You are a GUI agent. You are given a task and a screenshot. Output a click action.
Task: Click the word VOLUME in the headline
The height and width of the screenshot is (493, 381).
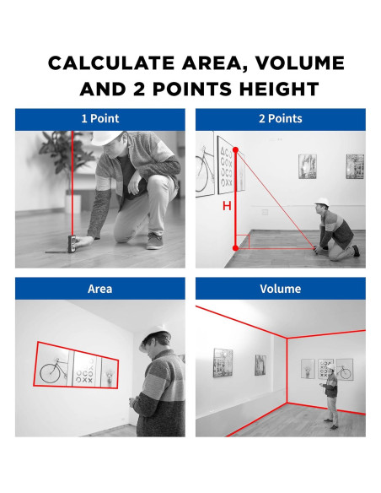(300, 62)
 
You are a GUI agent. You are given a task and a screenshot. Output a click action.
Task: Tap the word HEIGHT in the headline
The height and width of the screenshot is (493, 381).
(279, 89)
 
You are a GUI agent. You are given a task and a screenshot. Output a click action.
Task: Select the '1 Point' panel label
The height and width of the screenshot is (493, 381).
(100, 118)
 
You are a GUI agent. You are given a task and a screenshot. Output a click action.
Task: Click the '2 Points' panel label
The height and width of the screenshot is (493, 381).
(280, 118)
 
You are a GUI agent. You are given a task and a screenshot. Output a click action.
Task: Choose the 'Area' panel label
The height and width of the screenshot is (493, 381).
(99, 289)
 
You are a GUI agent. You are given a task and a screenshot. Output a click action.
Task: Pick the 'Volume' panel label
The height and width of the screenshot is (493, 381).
(280, 289)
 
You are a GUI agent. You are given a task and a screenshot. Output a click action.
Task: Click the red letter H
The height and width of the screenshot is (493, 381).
(227, 206)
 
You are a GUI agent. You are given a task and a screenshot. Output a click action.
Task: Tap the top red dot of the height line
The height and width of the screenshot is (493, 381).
(236, 150)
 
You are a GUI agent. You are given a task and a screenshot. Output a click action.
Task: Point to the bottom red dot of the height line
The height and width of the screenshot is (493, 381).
(236, 248)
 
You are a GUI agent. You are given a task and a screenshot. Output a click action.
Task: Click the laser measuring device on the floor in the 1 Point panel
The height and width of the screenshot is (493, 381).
(72, 244)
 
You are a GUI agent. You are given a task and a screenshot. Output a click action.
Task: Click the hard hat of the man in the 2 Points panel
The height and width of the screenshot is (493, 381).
(322, 202)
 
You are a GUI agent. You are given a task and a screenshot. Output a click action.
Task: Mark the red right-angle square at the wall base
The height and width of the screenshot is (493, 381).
(243, 241)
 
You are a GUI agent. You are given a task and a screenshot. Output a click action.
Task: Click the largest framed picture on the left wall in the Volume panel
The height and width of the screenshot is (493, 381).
(223, 362)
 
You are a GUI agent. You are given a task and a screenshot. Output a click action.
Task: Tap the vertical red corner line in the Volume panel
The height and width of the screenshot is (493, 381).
(287, 371)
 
